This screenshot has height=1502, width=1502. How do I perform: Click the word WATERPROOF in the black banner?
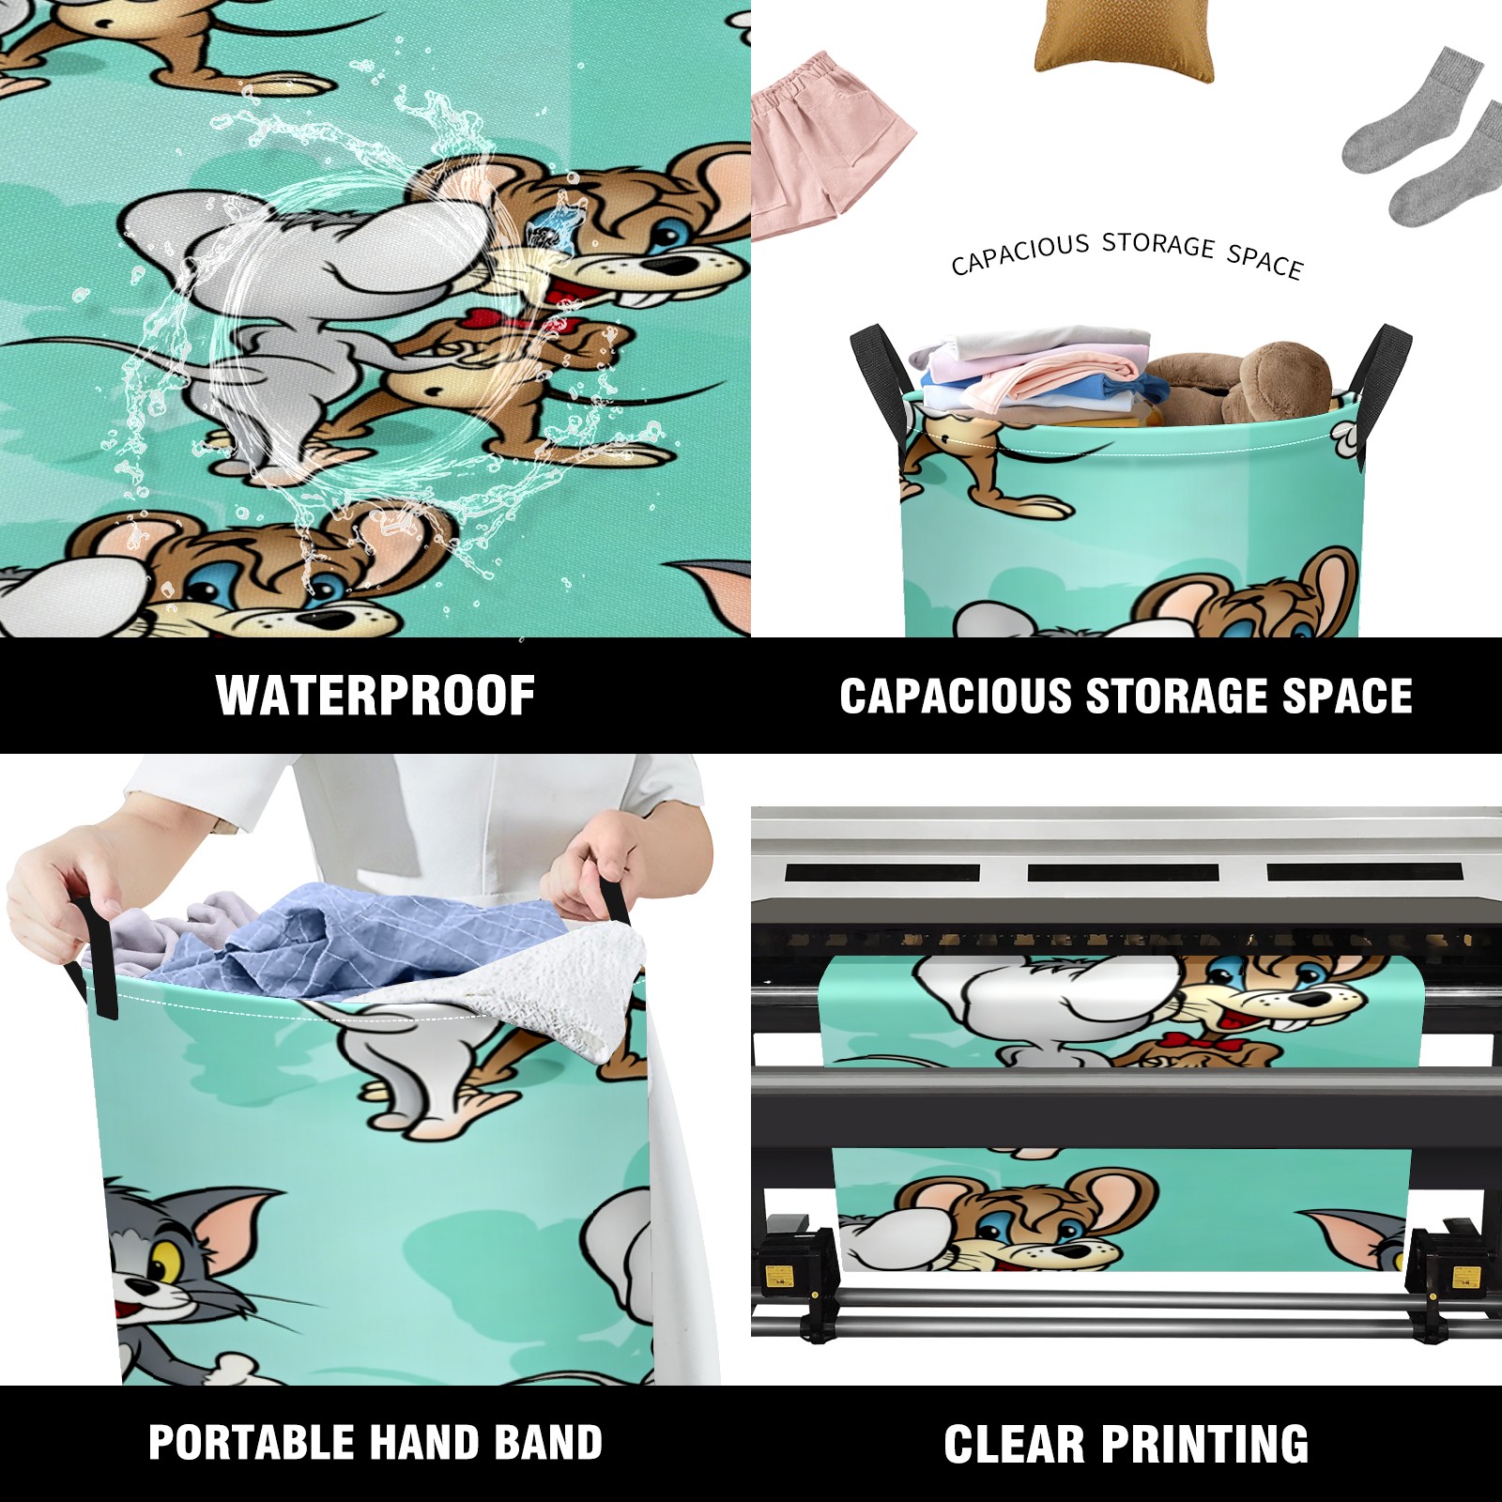(x=375, y=696)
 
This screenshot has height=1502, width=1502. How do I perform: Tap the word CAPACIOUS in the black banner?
(x=956, y=696)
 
